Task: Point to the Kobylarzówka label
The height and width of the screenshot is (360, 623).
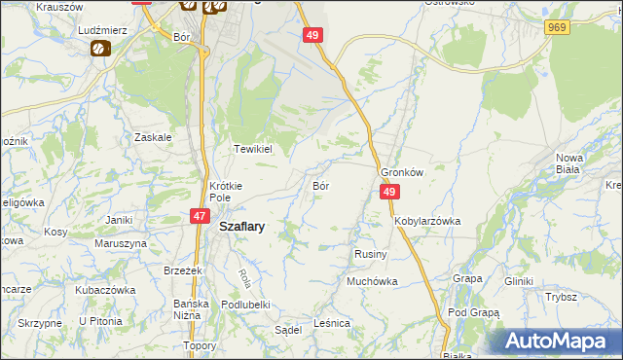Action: coord(427,221)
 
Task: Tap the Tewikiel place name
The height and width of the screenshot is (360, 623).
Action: coord(252,150)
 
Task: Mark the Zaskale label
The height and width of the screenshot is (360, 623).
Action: coord(154,137)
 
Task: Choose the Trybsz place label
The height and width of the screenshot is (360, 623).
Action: coord(561,297)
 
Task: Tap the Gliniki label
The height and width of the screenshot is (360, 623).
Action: coord(518,281)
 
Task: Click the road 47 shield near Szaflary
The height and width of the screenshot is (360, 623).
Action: coord(199,216)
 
